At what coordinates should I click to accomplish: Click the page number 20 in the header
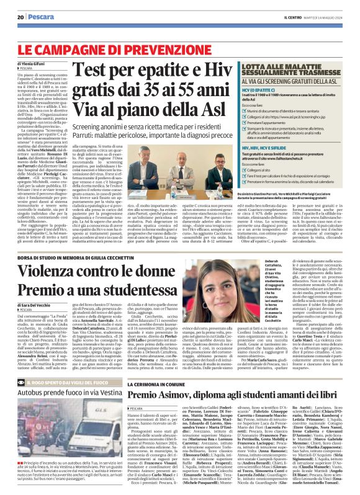[x=20, y=17]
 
